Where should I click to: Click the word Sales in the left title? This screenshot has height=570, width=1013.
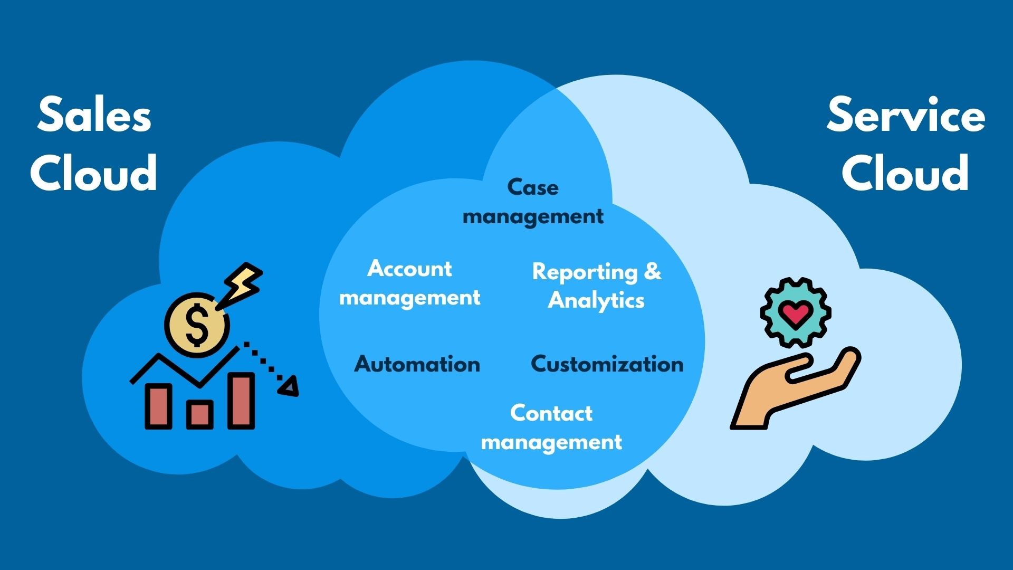(x=94, y=115)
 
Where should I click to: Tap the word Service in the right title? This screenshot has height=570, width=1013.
(x=905, y=115)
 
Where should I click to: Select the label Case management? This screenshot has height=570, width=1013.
(x=533, y=202)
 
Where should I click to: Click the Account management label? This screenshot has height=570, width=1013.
(x=409, y=283)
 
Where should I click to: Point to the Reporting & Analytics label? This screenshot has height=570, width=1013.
(x=596, y=286)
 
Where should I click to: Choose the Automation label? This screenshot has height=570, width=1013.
(x=417, y=364)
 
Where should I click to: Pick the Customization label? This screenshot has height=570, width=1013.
(x=607, y=364)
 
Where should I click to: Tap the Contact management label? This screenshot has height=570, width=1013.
(x=551, y=427)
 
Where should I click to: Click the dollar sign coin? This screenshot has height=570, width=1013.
(x=197, y=325)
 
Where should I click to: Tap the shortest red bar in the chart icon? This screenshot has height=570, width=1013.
(x=199, y=414)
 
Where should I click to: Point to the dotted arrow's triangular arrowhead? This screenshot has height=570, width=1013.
(x=289, y=386)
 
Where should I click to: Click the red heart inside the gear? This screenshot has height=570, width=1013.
(x=796, y=313)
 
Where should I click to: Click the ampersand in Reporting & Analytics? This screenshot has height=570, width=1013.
(x=653, y=271)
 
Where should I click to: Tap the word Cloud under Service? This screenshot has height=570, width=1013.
(x=905, y=173)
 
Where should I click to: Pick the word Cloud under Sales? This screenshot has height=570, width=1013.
(x=94, y=173)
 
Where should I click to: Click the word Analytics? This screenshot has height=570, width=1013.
(x=596, y=300)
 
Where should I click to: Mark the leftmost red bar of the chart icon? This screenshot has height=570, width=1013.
(x=158, y=405)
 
